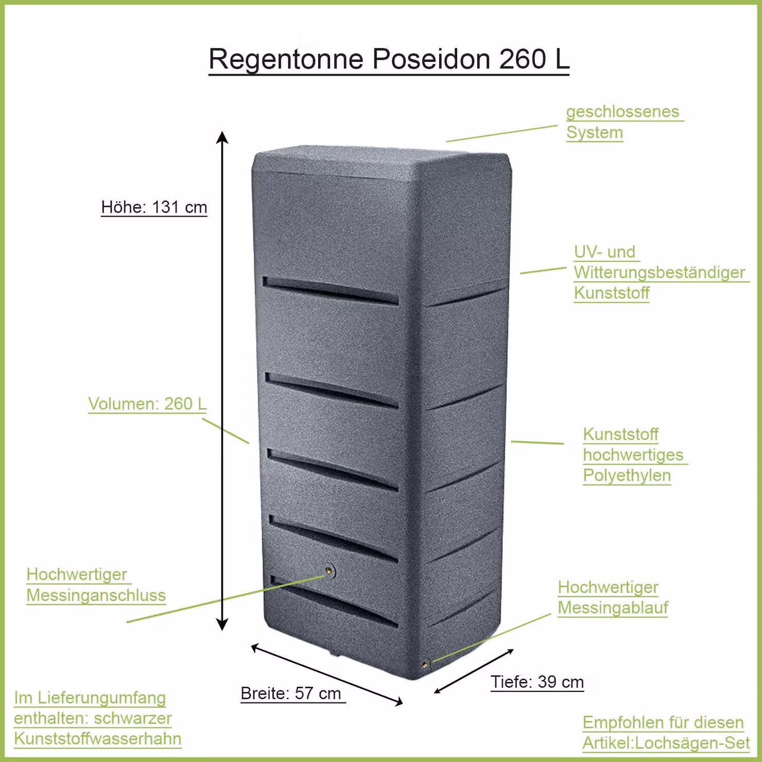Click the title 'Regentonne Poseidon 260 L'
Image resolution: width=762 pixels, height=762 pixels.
point(389,59)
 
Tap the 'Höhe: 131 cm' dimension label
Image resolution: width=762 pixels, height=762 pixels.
point(154,207)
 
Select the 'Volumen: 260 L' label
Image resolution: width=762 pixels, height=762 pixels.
point(147,404)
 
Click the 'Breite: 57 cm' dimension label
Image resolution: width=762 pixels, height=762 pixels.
point(291,693)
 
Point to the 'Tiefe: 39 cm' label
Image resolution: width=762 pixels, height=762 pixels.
point(537,682)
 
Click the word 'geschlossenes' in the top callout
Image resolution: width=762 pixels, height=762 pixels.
point(622,112)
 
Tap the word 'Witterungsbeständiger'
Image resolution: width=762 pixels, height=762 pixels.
point(660,272)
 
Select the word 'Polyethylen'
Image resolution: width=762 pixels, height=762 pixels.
point(627,476)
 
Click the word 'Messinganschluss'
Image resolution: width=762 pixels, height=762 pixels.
point(96,595)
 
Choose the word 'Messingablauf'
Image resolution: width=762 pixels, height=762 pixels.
point(613,608)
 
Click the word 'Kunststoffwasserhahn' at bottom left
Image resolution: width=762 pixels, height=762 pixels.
point(97,738)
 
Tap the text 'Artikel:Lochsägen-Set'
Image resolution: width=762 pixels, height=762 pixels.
point(666,743)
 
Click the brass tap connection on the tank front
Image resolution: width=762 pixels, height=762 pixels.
point(329,570)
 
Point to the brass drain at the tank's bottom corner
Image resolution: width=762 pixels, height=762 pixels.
point(425,664)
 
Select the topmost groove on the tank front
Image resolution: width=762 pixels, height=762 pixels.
point(331,290)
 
